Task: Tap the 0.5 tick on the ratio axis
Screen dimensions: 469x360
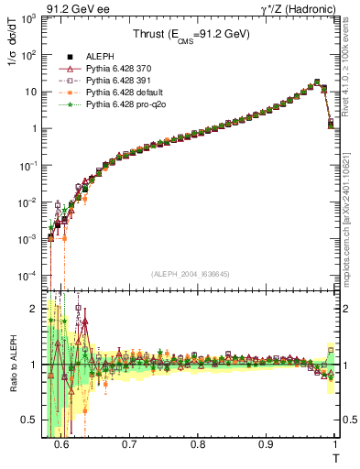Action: (31, 420)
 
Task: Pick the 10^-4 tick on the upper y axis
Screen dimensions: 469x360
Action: (28, 276)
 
